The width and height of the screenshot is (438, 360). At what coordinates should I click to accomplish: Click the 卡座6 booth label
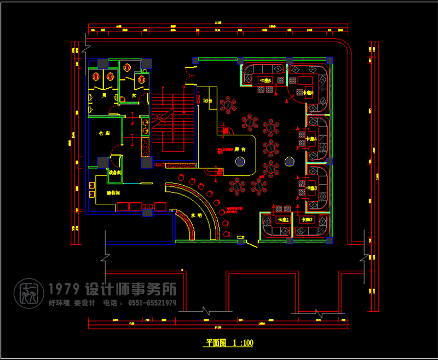[265, 81]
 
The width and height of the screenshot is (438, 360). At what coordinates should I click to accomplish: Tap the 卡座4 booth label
[311, 139]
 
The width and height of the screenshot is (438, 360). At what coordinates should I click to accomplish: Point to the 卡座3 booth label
[311, 188]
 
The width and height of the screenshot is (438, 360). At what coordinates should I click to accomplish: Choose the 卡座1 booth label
[283, 220]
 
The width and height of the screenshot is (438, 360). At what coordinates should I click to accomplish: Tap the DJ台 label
[208, 101]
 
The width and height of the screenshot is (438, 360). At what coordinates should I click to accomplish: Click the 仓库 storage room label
[104, 133]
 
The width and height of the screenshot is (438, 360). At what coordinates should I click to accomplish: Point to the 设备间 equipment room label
[114, 173]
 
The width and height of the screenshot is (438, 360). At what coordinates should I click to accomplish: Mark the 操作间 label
[114, 193]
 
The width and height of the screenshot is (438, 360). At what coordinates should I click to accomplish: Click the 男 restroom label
[104, 95]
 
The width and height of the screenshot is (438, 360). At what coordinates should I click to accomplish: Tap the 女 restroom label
[134, 95]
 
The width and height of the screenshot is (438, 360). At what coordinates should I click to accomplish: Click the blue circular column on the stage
[240, 161]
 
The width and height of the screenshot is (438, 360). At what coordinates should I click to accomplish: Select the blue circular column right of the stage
[290, 161]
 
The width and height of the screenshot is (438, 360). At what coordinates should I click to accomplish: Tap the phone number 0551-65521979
[152, 303]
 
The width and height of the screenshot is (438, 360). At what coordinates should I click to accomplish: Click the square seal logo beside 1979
[28, 294]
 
